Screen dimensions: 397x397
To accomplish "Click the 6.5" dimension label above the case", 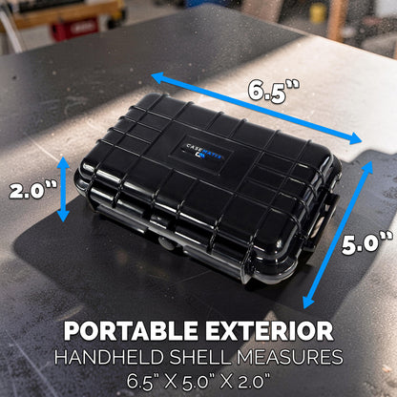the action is pos(274,91).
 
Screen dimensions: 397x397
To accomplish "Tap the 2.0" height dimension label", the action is pos(32,190).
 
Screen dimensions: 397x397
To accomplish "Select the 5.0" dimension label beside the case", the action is pos(367,243).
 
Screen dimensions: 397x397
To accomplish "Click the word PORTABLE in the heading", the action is pos(131,331).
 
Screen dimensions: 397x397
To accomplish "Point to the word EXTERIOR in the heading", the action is pos(269,331).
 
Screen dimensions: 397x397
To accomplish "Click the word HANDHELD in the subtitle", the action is pos(109,357).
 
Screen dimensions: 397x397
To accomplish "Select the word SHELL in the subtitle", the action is pos(199,357).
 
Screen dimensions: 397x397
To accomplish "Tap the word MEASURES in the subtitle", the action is pos(289,357).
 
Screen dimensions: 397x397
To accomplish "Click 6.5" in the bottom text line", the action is pos(143,381).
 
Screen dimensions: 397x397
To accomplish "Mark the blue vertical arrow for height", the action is pos(63,189).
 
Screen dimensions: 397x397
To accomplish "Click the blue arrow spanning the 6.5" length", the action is pos(257,109).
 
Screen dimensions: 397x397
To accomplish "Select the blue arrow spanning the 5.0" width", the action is pos(338,235).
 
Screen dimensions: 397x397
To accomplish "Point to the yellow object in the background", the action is pos(318,13).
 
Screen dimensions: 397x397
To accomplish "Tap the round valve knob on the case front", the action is pos(167,243).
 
